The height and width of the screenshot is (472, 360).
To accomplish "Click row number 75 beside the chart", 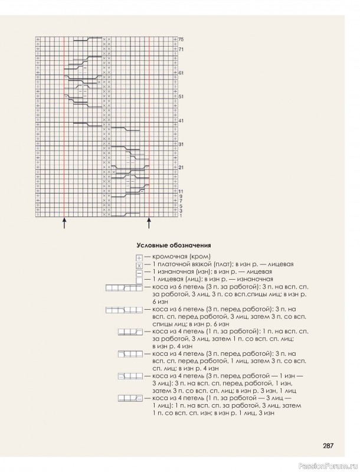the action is coord(181,40).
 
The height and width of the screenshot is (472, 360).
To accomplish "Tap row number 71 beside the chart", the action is coord(181,49).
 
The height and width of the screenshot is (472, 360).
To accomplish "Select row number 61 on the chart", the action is coord(181,73).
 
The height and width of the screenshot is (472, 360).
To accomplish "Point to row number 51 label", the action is coord(181,97).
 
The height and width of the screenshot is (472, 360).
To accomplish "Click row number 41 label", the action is coord(181,121).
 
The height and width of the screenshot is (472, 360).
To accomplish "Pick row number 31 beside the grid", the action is coord(181,145).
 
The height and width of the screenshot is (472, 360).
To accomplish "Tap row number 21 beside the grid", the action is coord(181,168).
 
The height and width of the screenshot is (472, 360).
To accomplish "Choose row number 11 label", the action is coord(181,191).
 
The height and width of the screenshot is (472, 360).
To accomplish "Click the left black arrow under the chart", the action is coord(64,224).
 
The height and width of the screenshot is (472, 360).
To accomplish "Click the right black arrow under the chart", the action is coord(149,224).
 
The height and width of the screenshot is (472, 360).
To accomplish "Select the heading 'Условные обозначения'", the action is coord(174,245).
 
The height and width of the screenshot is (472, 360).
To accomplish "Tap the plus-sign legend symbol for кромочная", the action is coord(139,258).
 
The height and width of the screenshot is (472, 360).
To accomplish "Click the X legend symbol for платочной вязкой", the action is coord(139,265).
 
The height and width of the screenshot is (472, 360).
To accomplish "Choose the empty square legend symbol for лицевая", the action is coord(139,280).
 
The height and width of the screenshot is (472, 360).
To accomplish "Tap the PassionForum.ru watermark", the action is coord(333,466).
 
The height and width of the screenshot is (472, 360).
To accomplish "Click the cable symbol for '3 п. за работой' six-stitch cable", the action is coord(124,288).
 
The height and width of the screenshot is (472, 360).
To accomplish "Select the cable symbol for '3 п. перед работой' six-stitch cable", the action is coord(124,310).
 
